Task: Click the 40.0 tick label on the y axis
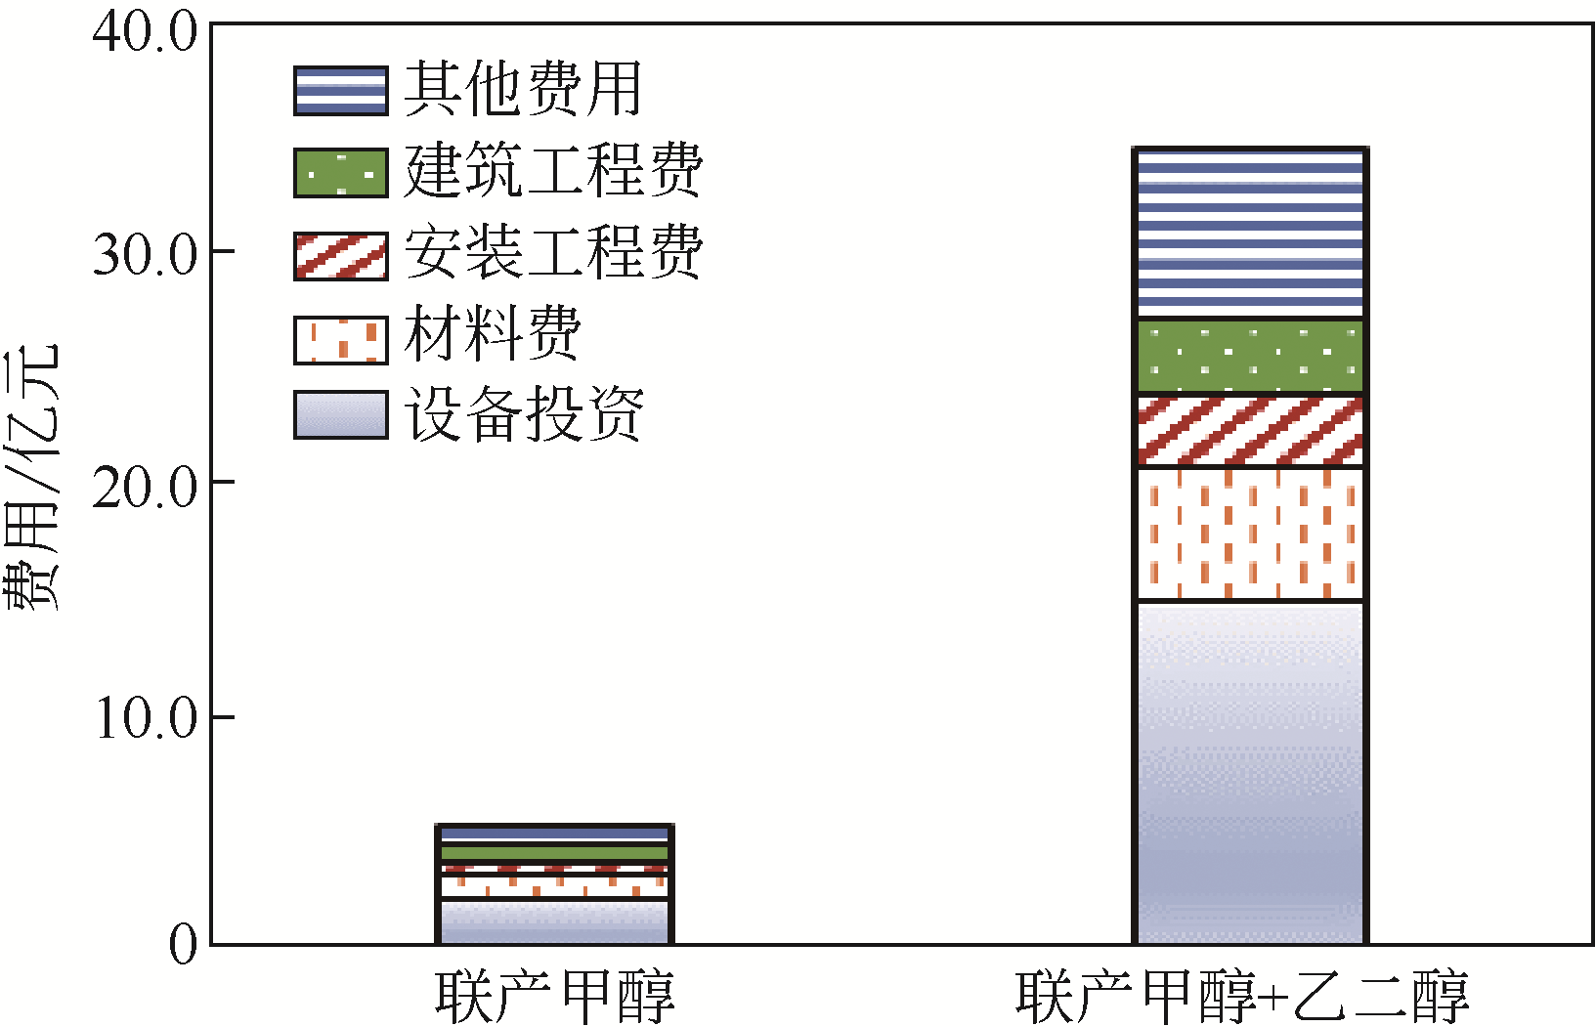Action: tap(145, 32)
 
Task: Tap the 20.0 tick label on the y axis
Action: tap(145, 486)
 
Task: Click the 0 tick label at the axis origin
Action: tap(183, 945)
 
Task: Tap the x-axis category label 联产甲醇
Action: tap(554, 996)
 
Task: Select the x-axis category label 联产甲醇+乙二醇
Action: tap(1241, 996)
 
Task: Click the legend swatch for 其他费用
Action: tap(340, 91)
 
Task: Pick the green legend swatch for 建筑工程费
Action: tap(340, 173)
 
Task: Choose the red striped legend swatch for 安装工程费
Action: tap(340, 256)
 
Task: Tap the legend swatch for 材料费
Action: tap(340, 339)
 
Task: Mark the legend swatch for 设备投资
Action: tap(340, 414)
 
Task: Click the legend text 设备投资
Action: tap(524, 414)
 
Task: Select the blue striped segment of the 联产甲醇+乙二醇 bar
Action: tap(1249, 235)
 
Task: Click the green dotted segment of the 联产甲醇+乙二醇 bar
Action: tap(1249, 357)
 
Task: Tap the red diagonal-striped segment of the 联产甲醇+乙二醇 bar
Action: tap(1249, 431)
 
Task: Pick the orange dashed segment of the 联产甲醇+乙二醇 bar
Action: tap(1249, 534)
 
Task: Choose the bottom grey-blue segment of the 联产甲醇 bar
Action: tap(554, 921)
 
